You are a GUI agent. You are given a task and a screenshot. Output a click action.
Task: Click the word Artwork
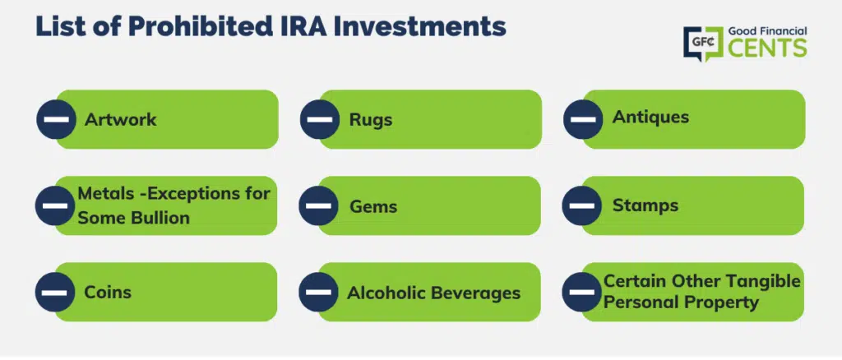[120, 119]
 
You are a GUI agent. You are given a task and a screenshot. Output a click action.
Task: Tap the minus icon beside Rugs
[320, 119]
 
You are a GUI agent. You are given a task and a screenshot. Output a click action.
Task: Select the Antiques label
[650, 117]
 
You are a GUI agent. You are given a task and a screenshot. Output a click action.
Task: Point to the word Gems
[373, 206]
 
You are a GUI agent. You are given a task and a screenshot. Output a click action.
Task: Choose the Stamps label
[645, 205]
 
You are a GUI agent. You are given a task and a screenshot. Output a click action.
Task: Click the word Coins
[108, 293]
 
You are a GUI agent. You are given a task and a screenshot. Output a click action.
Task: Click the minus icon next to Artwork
[57, 119]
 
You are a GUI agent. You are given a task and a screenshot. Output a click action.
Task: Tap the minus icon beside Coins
[55, 293]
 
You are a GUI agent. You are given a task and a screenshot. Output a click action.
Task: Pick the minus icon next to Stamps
[581, 205]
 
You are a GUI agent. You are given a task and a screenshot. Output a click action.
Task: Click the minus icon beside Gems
[318, 205]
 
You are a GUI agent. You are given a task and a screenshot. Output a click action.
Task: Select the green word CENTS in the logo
[767, 47]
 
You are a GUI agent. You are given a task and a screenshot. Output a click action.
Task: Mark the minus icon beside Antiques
[583, 119]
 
